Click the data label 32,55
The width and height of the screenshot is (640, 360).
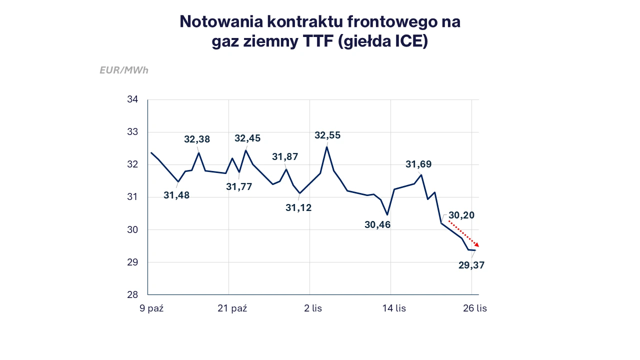[327, 135]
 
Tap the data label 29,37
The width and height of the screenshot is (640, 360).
[471, 265]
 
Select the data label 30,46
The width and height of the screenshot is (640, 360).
[377, 225]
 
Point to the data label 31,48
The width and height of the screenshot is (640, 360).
[176, 195]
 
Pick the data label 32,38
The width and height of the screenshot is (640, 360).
[197, 139]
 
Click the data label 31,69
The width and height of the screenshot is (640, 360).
[418, 164]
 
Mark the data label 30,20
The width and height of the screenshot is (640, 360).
[461, 215]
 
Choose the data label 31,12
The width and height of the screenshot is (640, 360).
[298, 207]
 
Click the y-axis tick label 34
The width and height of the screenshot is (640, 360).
[132, 99]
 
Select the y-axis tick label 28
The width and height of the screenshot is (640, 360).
[132, 294]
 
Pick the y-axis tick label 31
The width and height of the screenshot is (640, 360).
[132, 197]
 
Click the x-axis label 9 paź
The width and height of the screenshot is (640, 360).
[151, 308]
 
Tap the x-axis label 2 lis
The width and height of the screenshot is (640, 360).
[313, 308]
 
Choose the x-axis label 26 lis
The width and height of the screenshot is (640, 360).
[475, 308]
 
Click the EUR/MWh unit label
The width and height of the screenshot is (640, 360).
[124, 70]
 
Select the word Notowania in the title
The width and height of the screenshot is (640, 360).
[220, 21]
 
